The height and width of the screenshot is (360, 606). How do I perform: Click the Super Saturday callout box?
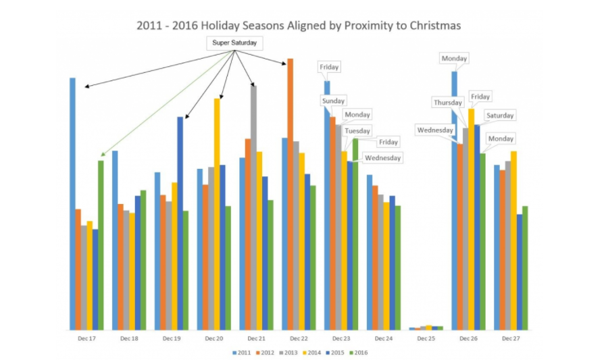pos(234,43)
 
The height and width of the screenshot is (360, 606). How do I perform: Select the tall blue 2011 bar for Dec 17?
pos(72,203)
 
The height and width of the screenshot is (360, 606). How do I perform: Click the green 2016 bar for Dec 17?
pos(101,243)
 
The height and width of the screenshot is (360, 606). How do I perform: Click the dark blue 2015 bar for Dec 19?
pos(180,223)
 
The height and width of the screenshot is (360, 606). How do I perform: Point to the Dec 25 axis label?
pos(426,337)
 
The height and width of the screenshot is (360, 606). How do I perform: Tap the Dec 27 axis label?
pos(511,337)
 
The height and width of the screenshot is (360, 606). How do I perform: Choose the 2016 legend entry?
pos(360,352)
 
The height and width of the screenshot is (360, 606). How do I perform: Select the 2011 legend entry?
pos(242,352)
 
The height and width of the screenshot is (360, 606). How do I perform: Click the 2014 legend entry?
pos(313,352)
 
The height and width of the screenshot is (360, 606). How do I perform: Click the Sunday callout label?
pos(333,101)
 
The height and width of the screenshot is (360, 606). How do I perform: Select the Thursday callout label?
pos(448,103)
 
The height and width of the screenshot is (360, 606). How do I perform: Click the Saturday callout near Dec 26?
pos(500,115)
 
